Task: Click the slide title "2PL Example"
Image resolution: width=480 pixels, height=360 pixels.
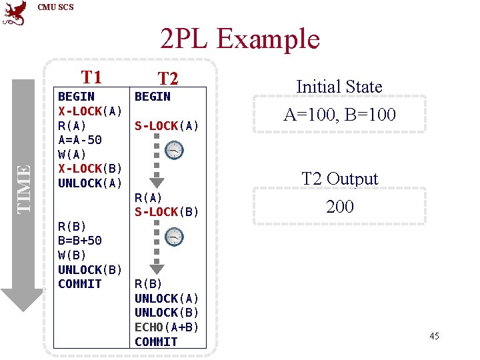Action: click(240, 39)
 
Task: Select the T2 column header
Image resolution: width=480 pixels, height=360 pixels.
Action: click(169, 79)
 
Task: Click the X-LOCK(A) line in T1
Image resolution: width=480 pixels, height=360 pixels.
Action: click(90, 111)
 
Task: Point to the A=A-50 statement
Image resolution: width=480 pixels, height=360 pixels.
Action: click(80, 139)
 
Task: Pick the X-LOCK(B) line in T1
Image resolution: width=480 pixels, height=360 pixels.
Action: click(90, 169)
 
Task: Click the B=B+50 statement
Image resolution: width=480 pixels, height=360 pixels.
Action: click(80, 241)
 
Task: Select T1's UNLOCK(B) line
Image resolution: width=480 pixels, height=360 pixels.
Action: click(90, 270)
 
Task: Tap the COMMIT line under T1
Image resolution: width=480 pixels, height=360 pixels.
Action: click(80, 284)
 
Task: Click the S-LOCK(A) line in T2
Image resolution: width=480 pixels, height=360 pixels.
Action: click(167, 125)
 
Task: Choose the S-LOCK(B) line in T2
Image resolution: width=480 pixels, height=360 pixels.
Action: click(167, 212)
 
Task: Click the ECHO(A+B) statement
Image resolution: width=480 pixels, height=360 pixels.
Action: click(167, 327)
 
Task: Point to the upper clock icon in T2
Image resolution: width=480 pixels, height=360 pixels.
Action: click(174, 151)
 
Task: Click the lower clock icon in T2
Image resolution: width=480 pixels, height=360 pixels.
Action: click(174, 237)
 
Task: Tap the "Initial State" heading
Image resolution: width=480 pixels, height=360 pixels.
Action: click(339, 87)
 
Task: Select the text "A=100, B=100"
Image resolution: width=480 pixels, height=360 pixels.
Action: click(339, 115)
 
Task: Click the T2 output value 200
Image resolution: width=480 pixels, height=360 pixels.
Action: click(339, 207)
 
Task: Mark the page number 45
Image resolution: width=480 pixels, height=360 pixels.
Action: click(434, 336)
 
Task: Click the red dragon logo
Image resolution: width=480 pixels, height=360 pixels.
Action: click(15, 13)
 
